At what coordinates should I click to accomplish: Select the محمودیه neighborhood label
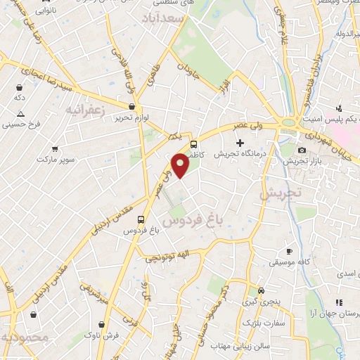25,337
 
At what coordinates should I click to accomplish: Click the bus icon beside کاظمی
193,143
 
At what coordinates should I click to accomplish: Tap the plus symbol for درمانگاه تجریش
240,143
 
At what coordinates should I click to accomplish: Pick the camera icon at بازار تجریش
302,150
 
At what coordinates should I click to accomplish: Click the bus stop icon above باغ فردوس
141,219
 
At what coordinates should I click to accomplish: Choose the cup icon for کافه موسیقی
288,252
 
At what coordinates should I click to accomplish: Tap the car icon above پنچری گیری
261,290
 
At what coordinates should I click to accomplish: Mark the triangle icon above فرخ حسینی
20,115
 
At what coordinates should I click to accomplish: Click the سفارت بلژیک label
262,322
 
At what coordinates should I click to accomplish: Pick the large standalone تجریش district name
281,192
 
